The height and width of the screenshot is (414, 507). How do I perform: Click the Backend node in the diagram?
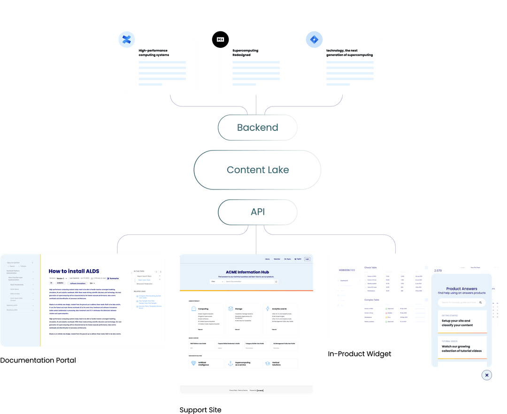257,127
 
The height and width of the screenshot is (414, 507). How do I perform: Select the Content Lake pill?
257,170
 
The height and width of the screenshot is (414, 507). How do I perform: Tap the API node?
257,212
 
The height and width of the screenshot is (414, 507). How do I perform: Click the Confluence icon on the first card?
126,39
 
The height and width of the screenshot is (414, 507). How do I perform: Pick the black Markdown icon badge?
220,39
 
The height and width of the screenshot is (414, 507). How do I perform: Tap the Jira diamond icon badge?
313,40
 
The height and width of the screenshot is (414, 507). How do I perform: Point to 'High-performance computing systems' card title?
154,53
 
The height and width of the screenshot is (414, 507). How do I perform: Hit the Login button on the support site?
307,259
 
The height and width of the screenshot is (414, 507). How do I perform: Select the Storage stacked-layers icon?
230,309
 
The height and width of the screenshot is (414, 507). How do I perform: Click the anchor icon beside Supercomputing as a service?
230,363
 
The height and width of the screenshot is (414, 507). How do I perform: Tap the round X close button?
487,375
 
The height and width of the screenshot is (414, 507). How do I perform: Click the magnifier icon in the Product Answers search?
480,303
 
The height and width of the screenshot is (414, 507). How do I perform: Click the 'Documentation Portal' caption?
38,360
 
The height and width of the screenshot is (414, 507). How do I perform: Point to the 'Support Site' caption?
200,409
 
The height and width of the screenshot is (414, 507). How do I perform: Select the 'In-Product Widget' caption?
360,354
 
